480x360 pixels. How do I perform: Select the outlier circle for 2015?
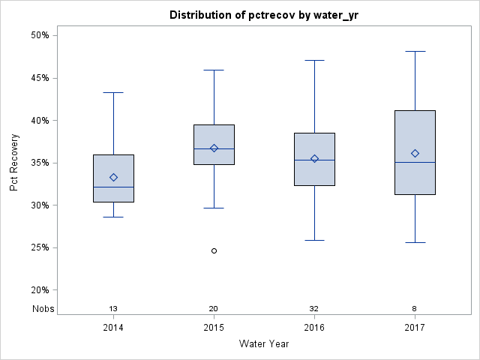point(214,250)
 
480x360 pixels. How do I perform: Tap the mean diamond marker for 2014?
point(113,177)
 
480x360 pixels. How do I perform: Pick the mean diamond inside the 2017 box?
point(415,153)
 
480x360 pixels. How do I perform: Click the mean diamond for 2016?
point(314,158)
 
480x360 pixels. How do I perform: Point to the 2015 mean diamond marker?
point(214,148)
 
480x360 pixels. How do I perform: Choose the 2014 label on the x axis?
point(113,327)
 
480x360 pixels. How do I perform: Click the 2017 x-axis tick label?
point(415,327)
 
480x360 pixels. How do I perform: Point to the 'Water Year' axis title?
point(264,344)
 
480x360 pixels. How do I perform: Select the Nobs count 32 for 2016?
point(314,309)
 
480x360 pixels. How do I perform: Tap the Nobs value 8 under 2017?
point(415,309)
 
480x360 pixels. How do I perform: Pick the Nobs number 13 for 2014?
point(113,309)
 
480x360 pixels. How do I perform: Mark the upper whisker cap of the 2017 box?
point(415,51)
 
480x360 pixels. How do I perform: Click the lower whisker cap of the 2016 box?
point(314,240)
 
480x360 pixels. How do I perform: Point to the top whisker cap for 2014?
point(113,92)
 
